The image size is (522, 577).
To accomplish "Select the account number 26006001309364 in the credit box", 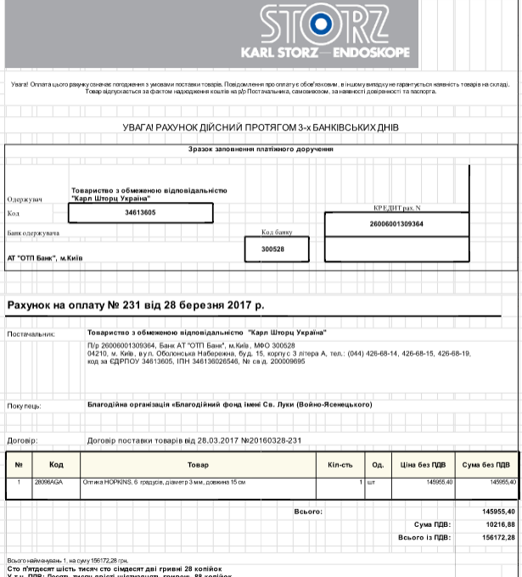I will pyautogui.click(x=396, y=223).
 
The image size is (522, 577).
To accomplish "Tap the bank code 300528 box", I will pyautogui.click(x=272, y=249).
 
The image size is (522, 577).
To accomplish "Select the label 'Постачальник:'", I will pyautogui.click(x=31, y=334).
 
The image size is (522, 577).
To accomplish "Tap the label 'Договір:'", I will pyautogui.click(x=22, y=441).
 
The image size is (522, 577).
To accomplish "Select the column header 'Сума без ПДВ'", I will pyautogui.click(x=486, y=465).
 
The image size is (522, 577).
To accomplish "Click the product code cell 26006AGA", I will pyautogui.click(x=43, y=482).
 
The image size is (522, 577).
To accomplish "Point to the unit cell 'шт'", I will pyautogui.click(x=371, y=482).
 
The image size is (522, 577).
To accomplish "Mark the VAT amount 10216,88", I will pyautogui.click(x=497, y=525).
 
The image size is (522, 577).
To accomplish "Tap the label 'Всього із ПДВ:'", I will pyautogui.click(x=424, y=538).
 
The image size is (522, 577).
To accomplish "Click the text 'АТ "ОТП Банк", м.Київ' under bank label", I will pyautogui.click(x=47, y=257).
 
